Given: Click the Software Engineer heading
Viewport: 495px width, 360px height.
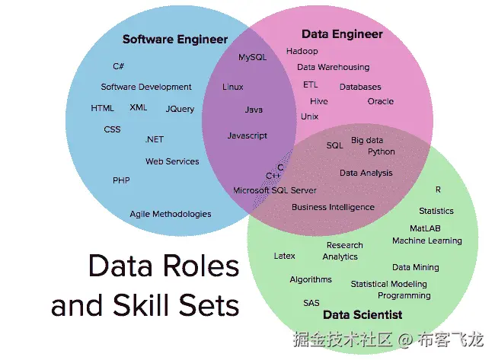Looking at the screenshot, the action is point(174,40).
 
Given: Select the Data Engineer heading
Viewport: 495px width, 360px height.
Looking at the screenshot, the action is point(342,34).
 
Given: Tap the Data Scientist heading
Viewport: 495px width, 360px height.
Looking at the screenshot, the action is point(362,314).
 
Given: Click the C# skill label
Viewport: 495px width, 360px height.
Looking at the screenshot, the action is point(119,67).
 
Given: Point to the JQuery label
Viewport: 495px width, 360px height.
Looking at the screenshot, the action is point(180,109).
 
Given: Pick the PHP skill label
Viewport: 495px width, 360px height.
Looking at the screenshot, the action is point(121,180).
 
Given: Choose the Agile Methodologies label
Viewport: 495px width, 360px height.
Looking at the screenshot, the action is point(171,214).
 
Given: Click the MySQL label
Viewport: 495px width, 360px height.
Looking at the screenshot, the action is point(253,57).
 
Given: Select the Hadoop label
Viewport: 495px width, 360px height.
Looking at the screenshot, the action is point(302,51).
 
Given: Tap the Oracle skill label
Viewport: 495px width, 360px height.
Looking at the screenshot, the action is point(381,101).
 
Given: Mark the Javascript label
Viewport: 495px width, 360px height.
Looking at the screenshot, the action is point(247,135).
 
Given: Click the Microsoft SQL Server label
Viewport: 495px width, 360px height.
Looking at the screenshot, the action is point(275,190).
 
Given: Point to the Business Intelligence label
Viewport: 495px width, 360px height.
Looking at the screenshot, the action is point(333,207).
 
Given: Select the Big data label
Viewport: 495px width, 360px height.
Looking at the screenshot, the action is point(367,140).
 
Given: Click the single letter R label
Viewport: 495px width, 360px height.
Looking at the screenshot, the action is point(438,189).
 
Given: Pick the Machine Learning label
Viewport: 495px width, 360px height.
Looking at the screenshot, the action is point(426,241).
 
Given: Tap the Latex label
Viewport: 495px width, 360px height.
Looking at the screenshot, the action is point(284,256).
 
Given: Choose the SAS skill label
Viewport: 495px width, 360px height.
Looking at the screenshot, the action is point(311,303).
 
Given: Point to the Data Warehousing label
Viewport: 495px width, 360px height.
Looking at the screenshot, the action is point(333,67).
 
